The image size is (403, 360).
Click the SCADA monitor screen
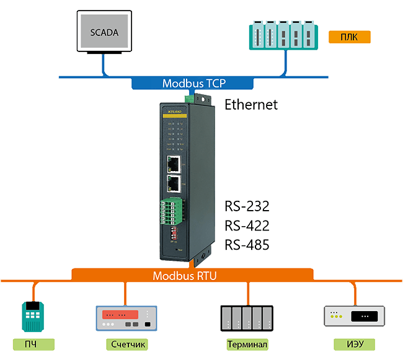click(104, 31)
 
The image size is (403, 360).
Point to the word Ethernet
click(250, 105)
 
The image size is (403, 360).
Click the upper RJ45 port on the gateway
click(174, 164)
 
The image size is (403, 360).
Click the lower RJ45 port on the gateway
click(174, 183)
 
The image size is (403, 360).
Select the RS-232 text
click(247, 206)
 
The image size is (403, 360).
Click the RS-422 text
click(247, 226)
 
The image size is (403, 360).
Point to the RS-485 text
click(247, 245)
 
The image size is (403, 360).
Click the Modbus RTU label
click(185, 275)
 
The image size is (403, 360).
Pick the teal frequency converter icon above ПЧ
click(33, 316)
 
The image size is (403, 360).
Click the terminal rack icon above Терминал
click(247, 317)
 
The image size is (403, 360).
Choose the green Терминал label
click(247, 344)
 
